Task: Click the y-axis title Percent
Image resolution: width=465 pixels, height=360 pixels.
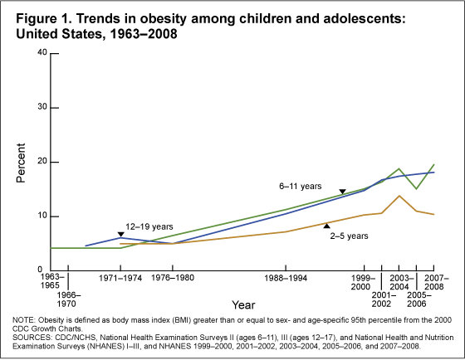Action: coord(22,162)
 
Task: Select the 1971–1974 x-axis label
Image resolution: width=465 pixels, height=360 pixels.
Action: coord(120,278)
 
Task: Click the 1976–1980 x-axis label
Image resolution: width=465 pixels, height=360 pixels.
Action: coord(173,278)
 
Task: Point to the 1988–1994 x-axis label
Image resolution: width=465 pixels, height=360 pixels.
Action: coord(286,278)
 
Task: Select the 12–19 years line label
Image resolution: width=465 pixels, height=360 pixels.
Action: coord(126,226)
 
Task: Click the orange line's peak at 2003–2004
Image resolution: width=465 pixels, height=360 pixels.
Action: coord(399,196)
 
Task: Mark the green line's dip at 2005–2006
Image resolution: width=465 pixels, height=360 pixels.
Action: coord(417,189)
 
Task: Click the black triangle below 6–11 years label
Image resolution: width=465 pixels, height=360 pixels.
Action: coord(342,192)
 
